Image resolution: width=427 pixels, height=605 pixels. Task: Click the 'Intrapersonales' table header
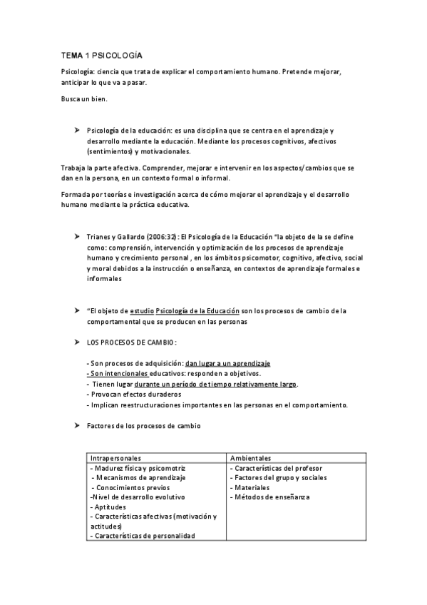tap(115, 457)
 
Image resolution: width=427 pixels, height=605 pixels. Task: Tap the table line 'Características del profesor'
tap(277, 468)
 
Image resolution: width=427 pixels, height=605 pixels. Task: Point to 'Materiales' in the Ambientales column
tap(252, 487)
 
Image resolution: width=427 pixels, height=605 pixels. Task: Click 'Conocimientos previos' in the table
tap(132, 487)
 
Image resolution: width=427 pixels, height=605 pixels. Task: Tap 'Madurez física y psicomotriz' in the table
tap(138, 468)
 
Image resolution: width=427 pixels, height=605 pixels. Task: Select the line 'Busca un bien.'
tap(84, 98)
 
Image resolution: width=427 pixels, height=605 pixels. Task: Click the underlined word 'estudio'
tap(141, 310)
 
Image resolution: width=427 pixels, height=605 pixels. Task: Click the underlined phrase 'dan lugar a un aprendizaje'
tap(227, 363)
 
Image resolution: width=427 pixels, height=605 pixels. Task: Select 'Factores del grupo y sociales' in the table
tap(278, 477)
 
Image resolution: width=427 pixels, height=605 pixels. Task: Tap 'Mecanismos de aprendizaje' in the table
tap(139, 477)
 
